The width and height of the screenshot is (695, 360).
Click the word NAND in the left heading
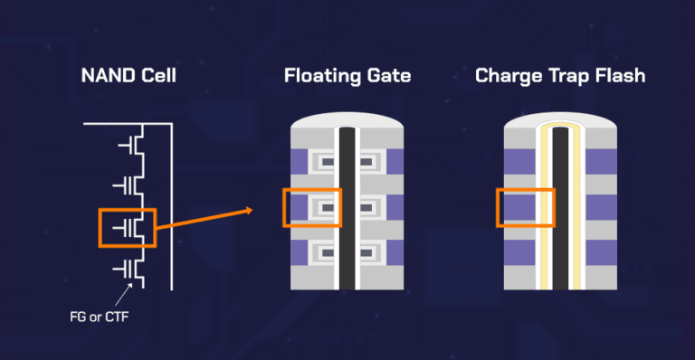tap(106, 76)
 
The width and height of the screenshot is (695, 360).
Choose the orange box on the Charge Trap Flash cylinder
tap(524, 207)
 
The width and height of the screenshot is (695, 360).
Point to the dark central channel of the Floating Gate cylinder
tap(345, 208)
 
